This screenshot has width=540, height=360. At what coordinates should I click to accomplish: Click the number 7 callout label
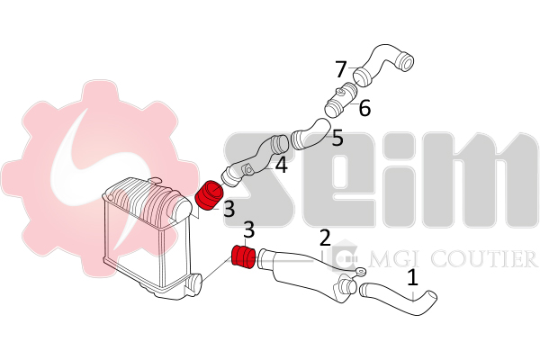click(x=341, y=69)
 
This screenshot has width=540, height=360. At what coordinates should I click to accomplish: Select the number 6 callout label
click(x=364, y=108)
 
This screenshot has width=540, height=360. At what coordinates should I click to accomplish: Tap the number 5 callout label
click(x=337, y=138)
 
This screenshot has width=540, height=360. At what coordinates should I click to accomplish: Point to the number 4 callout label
click(x=282, y=165)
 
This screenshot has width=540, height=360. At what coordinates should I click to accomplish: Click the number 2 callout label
click(x=325, y=238)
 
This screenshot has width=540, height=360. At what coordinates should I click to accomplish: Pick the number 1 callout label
click(x=412, y=278)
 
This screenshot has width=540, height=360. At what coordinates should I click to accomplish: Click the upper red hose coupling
click(x=210, y=195)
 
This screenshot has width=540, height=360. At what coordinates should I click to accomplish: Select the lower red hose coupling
click(x=243, y=256)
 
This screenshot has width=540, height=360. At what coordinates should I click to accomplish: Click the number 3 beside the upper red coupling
click(x=229, y=209)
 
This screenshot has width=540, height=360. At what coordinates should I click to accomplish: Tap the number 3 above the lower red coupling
click(x=249, y=229)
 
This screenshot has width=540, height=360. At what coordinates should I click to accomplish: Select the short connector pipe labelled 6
click(x=341, y=99)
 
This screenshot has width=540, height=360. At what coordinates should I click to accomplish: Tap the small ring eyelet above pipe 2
click(x=361, y=272)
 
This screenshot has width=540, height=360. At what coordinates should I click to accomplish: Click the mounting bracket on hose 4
click(x=248, y=170)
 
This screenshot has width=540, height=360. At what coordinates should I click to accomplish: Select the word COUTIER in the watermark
click(x=484, y=258)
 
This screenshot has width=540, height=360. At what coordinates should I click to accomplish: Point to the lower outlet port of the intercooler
click(x=194, y=283)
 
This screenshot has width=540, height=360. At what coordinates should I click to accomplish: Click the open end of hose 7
click(x=407, y=63)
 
